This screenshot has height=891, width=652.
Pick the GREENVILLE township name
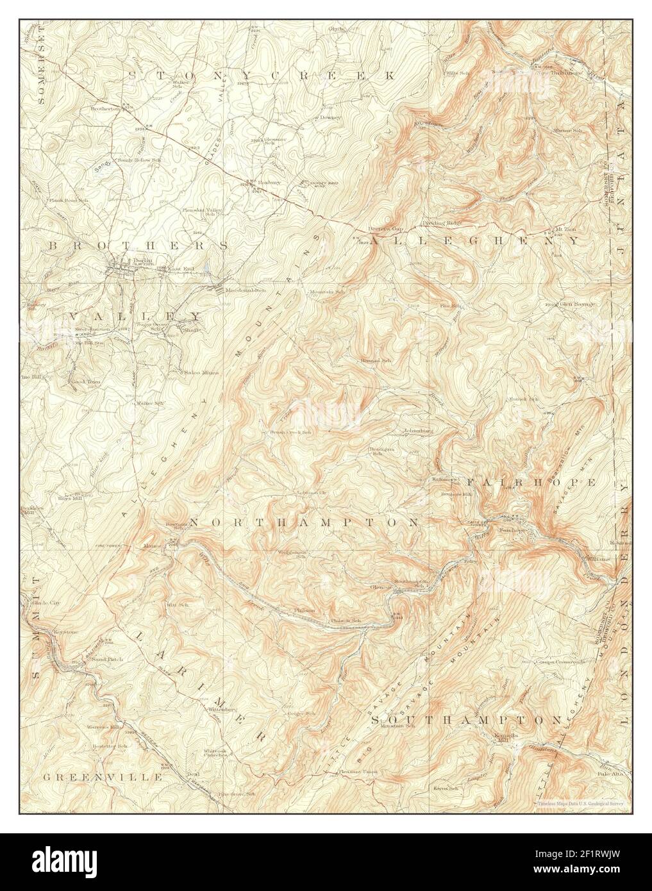click(103, 777)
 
